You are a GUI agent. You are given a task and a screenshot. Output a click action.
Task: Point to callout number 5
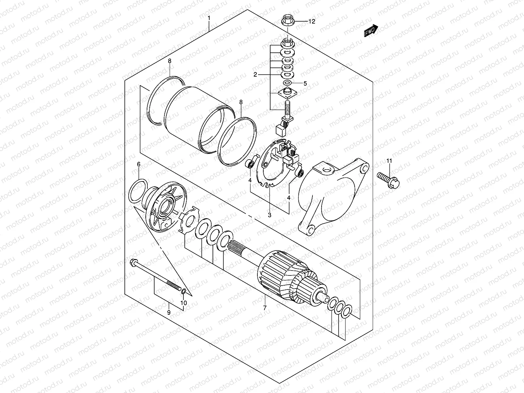(x=305, y=83)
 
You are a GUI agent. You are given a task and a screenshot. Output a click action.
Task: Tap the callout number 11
(x=389, y=160)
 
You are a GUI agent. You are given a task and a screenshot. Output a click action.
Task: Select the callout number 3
(x=270, y=215)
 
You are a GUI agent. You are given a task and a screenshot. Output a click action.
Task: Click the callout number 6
(x=139, y=164)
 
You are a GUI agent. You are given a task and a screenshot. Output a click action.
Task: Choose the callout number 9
(x=169, y=312)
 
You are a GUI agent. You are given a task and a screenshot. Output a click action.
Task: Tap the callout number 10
(x=184, y=303)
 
